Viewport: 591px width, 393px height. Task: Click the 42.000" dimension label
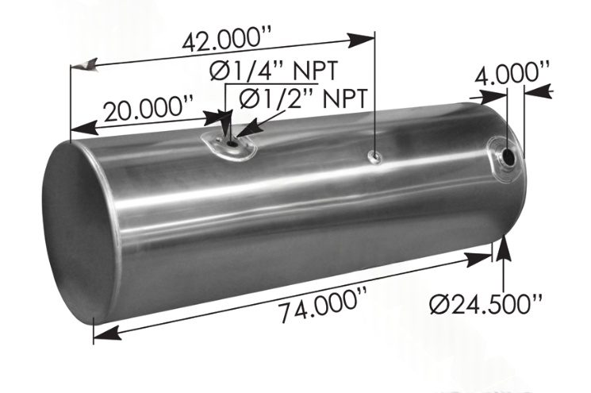click(x=227, y=38)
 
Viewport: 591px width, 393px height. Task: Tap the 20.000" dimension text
click(x=148, y=109)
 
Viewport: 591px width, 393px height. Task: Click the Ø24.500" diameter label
click(x=486, y=302)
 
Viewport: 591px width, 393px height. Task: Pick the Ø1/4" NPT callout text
click(x=274, y=70)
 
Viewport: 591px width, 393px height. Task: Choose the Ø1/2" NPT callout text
click(x=303, y=98)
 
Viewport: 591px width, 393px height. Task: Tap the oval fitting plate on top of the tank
click(x=228, y=146)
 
